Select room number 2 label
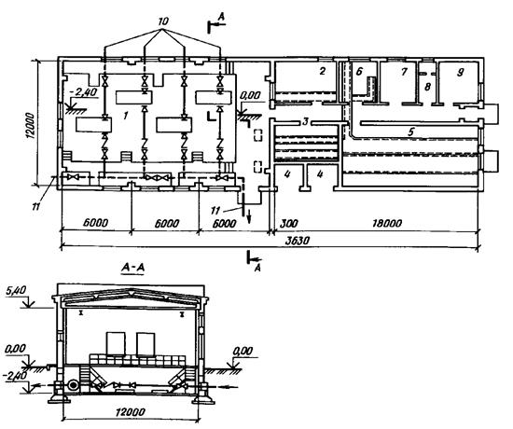click(x=323, y=71)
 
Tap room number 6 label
click(x=359, y=71)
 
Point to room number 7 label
click(x=404, y=71)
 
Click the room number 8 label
click(x=427, y=87)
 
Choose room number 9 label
click(x=461, y=72)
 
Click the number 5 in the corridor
click(x=411, y=131)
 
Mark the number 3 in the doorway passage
click(x=305, y=122)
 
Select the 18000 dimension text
click(x=387, y=223)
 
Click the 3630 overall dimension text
click(x=297, y=241)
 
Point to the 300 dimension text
click(x=289, y=223)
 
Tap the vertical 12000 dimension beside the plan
click(x=30, y=126)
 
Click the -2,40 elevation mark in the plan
click(x=84, y=92)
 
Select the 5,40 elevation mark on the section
click(x=13, y=290)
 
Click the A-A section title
click(x=132, y=268)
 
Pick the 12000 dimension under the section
click(x=131, y=411)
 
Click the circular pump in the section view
click(x=73, y=385)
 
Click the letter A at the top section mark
click(x=221, y=19)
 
